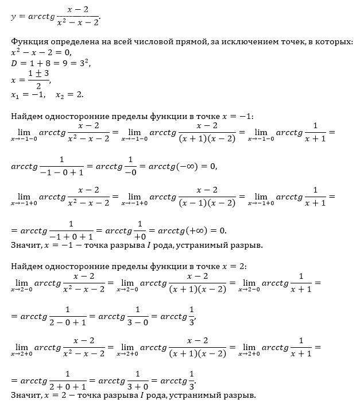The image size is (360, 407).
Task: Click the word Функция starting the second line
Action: pyautogui.click(x=29, y=41)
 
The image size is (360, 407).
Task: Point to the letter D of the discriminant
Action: pyautogui.click(x=14, y=62)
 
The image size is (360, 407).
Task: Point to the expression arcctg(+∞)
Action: pyautogui.click(x=181, y=231)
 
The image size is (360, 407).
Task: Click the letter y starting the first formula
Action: pyautogui.click(x=13, y=17)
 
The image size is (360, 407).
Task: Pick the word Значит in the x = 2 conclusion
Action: pyautogui.click(x=25, y=396)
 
